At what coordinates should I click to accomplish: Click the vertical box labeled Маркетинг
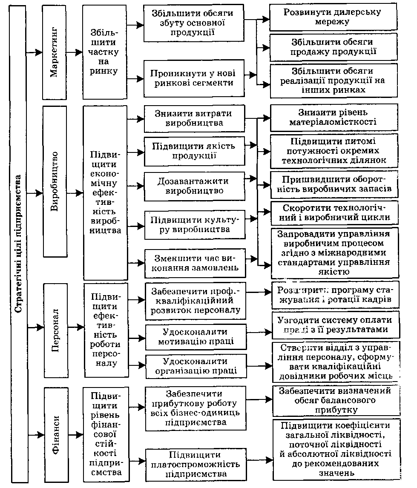(55, 52)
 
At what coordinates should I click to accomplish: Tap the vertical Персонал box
(55, 327)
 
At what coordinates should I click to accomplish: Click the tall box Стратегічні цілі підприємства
(19, 244)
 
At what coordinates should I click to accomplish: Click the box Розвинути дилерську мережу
(333, 17)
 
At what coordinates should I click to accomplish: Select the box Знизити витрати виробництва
(195, 118)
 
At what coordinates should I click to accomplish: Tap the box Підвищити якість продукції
(195, 151)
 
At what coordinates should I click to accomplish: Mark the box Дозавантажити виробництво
(195, 186)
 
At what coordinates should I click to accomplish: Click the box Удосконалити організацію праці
(195, 366)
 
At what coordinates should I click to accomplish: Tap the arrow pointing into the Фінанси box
(36, 434)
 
